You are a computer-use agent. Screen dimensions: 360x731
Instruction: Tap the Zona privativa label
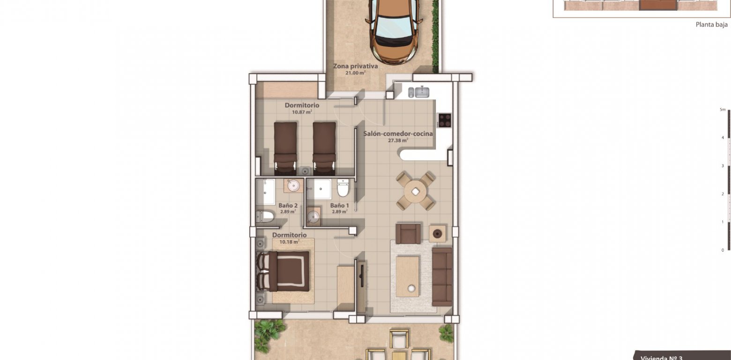point(356,67)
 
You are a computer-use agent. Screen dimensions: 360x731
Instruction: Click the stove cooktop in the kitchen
point(444,120)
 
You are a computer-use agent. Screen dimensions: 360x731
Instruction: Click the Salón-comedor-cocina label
point(398,134)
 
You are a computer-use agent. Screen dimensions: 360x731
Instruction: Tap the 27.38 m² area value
point(398,140)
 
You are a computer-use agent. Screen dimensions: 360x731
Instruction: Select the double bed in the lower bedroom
point(284,271)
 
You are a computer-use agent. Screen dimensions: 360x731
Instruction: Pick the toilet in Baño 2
point(266,216)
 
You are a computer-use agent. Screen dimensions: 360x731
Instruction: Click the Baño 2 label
point(288,205)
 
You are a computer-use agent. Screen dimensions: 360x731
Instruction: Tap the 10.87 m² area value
point(302,112)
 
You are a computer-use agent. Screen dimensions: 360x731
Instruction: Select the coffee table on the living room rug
point(407,277)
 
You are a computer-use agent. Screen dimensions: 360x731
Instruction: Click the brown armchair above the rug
point(408,233)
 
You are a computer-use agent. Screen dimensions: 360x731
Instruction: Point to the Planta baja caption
point(711,25)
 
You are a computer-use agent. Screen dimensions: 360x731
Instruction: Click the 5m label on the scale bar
point(723,110)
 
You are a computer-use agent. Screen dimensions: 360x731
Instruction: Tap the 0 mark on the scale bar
point(723,250)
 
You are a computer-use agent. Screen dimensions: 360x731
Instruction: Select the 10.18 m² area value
point(289,242)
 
